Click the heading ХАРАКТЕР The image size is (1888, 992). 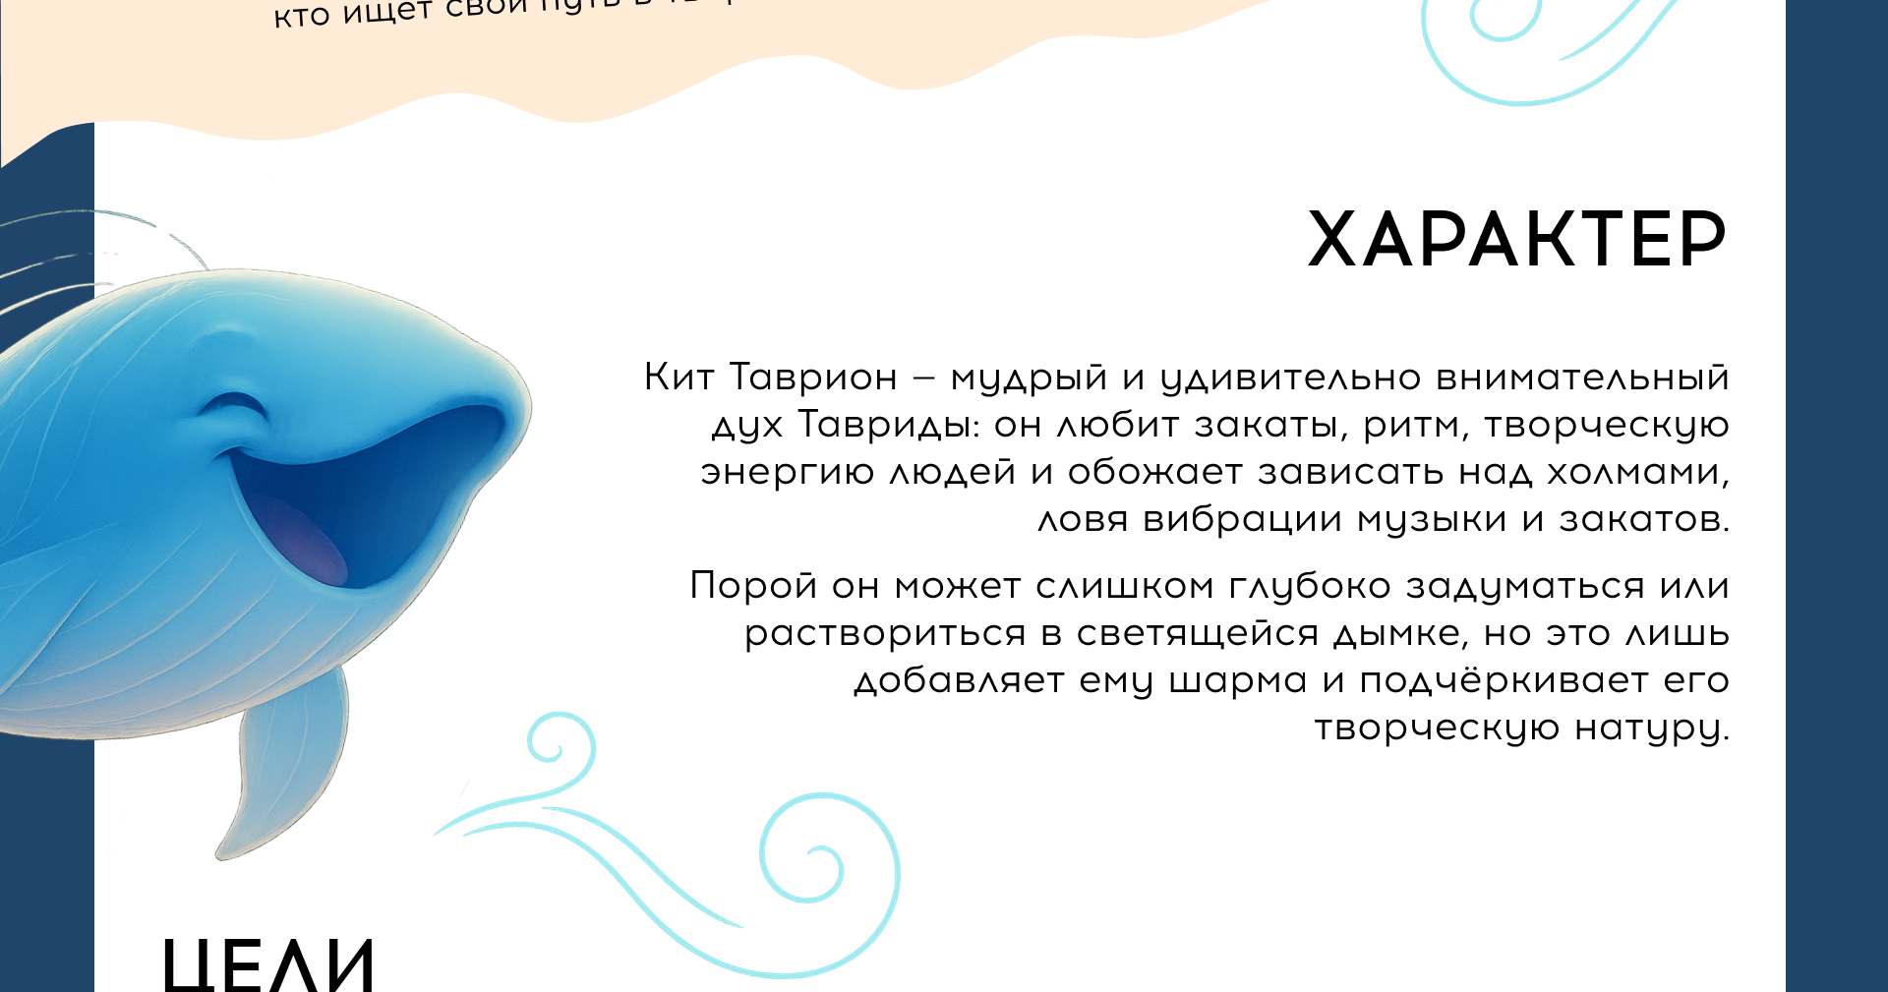1516,239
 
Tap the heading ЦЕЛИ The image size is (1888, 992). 268,963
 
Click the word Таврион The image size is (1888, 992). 813,378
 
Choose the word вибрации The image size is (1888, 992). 1242,519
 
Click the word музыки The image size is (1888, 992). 1432,520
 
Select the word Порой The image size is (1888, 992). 753,586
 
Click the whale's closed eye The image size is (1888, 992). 236,406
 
